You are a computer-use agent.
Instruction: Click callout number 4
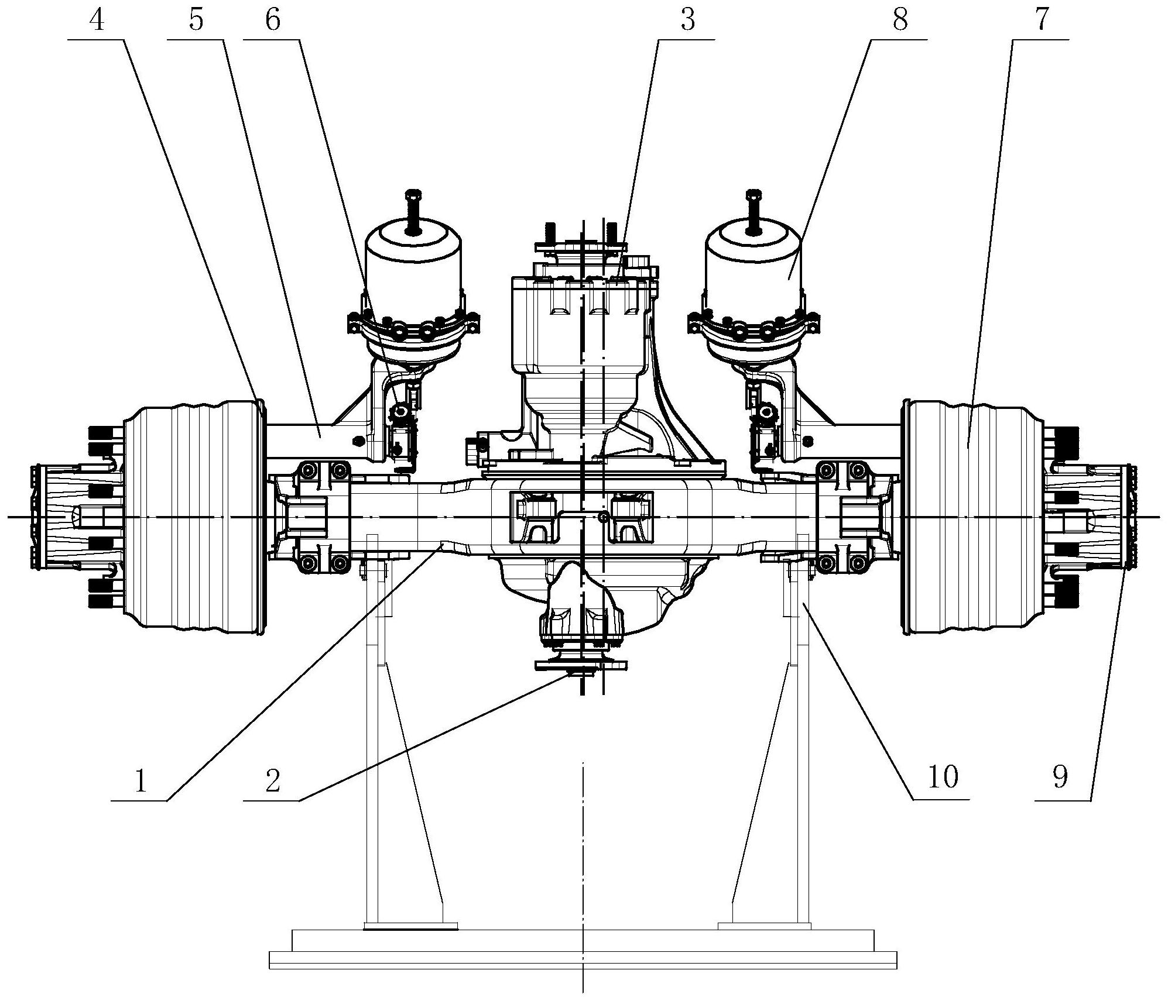[97, 21]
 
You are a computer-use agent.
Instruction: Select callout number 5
[196, 21]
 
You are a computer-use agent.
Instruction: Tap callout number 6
[273, 21]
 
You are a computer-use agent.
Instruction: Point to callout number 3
[688, 21]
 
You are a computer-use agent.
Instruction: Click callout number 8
[900, 21]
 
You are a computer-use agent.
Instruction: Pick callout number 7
[1041, 21]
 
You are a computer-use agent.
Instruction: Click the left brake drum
[193, 517]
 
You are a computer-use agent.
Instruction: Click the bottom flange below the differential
[581, 665]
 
